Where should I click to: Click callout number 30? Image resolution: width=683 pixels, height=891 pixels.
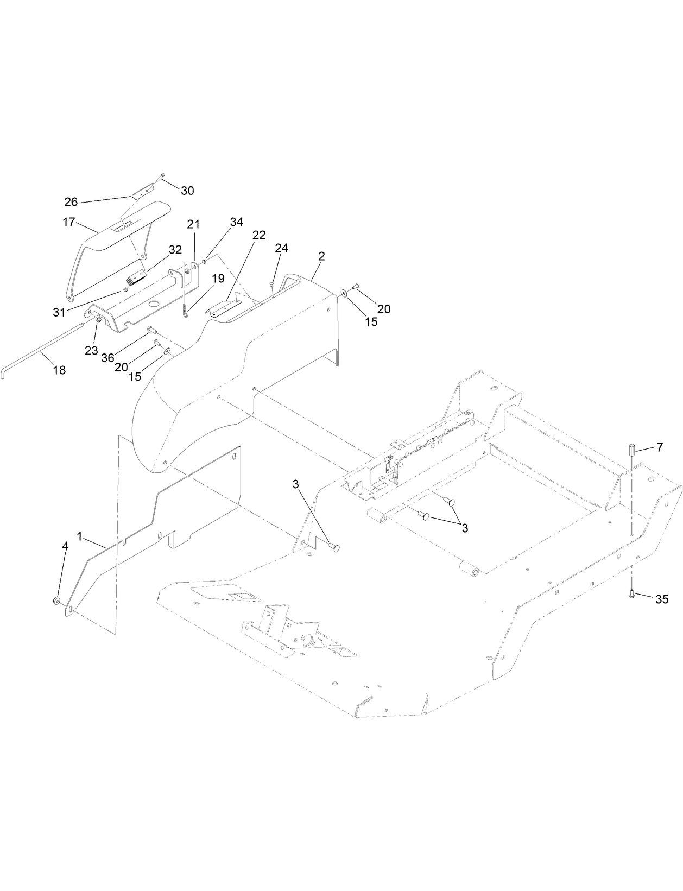coord(187,191)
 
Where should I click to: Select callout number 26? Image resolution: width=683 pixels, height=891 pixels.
coord(71,202)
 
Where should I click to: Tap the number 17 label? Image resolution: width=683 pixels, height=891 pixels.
coord(69,222)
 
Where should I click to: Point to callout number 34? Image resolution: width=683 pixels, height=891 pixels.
coord(236,222)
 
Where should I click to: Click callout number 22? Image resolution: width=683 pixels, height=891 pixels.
coord(259,235)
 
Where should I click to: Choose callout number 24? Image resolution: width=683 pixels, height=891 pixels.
coord(281,248)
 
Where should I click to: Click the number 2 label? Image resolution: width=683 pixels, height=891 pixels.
coord(321,256)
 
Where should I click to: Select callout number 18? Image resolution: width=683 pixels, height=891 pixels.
coord(59,370)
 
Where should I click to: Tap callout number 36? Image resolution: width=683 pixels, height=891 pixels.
coord(107,358)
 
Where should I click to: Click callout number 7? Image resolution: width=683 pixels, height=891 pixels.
coord(659,447)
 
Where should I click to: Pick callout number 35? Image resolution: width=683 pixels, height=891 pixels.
coord(661,599)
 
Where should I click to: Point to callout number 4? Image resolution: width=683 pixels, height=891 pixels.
coord(65,546)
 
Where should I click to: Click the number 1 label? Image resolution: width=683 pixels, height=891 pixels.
coord(80,536)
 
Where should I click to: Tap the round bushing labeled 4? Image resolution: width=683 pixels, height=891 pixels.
coord(56,601)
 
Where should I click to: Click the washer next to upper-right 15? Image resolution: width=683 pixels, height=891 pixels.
coord(344,294)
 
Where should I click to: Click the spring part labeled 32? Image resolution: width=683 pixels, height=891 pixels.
coord(135,279)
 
